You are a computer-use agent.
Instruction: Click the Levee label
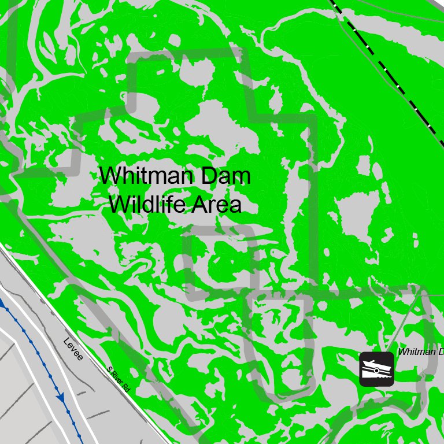tap(73, 349)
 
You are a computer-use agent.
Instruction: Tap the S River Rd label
tap(118, 380)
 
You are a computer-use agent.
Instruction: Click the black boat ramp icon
tap(376, 369)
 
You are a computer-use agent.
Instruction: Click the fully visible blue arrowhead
tap(60, 398)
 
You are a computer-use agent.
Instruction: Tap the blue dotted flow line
tap(35, 347)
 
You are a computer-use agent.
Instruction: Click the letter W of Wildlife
tap(121, 204)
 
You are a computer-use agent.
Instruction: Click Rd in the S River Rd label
tap(125, 387)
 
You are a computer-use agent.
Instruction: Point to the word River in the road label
tap(117, 379)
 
